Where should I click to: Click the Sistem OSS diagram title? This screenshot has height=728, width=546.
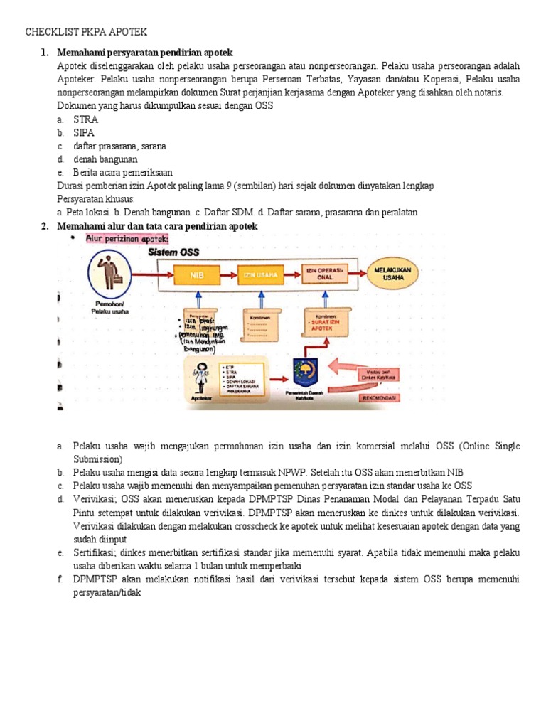(x=173, y=252)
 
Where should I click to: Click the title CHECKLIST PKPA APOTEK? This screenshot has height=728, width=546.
(x=86, y=33)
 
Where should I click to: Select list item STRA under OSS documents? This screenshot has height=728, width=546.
(x=85, y=119)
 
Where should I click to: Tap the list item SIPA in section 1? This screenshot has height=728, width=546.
(x=84, y=132)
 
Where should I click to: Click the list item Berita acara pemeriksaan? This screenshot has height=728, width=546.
(x=122, y=172)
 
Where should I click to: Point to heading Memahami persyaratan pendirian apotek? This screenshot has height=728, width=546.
(x=145, y=53)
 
